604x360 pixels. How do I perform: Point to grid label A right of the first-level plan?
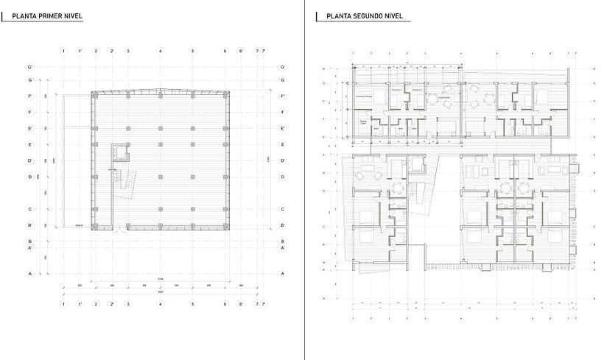tap(283, 273)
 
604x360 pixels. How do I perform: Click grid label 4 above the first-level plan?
tap(161, 51)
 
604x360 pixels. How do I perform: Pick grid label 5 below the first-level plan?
tap(193, 303)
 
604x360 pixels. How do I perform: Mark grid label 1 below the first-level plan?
tap(64, 303)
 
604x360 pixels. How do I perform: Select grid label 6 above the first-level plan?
tap(225, 51)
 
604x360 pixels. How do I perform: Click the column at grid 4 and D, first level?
tap(161, 177)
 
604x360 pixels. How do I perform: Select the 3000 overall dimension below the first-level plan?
tap(161, 292)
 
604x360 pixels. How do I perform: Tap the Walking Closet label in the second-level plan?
tap(363, 122)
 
